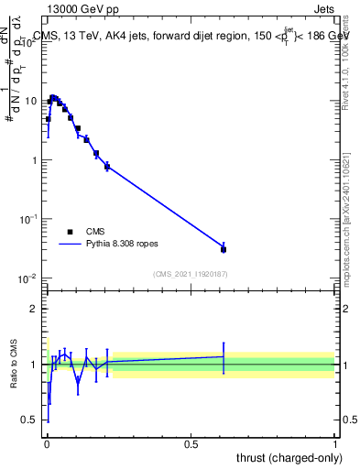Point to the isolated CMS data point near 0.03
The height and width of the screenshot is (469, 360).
click(x=224, y=249)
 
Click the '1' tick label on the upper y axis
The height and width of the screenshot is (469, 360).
click(x=34, y=160)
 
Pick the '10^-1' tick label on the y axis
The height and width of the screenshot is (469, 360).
click(x=29, y=219)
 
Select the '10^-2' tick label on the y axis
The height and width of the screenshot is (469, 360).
click(x=29, y=278)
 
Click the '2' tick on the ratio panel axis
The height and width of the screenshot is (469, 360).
click(x=34, y=309)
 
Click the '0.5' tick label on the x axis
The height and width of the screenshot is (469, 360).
click(x=191, y=444)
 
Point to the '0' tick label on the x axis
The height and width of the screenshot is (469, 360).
click(x=47, y=444)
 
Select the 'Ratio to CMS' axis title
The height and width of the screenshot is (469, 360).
click(x=13, y=365)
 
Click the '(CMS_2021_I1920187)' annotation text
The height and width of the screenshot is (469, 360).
click(x=191, y=274)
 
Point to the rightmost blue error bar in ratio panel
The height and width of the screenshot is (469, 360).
click(x=224, y=356)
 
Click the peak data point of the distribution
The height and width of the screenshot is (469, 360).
click(x=53, y=98)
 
